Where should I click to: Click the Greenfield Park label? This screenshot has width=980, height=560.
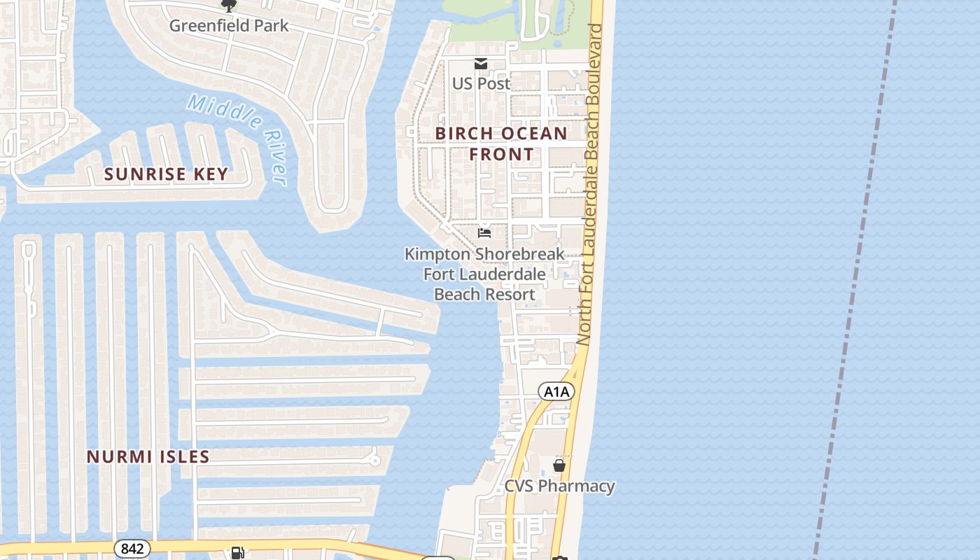pos(229,26)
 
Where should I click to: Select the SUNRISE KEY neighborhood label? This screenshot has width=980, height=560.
pos(166,174)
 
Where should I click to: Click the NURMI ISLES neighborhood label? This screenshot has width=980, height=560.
pos(148,457)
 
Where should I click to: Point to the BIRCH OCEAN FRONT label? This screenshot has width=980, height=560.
pos(501,143)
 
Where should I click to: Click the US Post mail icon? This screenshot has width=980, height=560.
pos(481,64)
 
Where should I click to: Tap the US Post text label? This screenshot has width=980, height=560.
pos(481,83)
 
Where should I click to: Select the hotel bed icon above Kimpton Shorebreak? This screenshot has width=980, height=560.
pos(484,232)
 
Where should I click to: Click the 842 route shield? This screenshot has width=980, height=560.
pos(132,549)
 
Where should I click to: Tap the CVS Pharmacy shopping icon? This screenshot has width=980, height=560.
pos(559,465)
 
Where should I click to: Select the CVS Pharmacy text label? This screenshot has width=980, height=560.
pos(559,486)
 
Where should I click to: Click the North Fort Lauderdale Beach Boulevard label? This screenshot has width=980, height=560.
pos(589,183)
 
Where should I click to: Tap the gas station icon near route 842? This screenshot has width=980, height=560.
pos(238,553)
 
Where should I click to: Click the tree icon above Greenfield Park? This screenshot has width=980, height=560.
pos(228,6)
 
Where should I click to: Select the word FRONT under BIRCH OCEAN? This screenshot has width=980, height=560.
pos(501,154)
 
